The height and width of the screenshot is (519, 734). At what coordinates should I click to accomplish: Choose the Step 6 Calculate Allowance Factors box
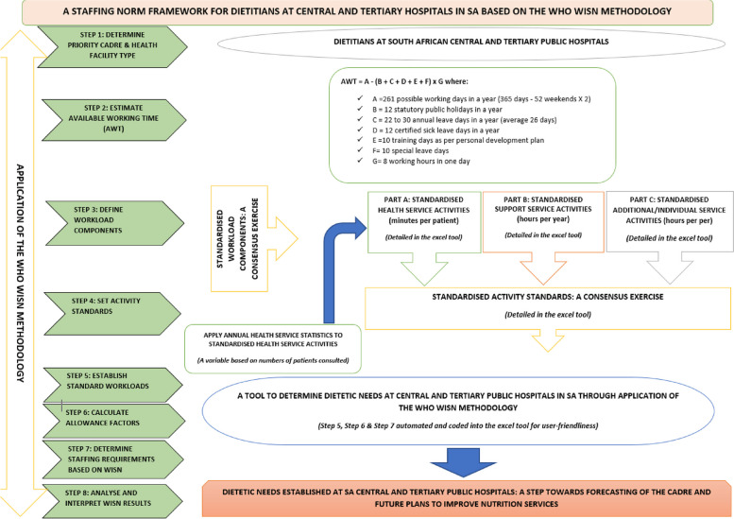110,420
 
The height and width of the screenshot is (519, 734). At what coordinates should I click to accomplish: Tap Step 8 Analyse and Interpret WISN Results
110,496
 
